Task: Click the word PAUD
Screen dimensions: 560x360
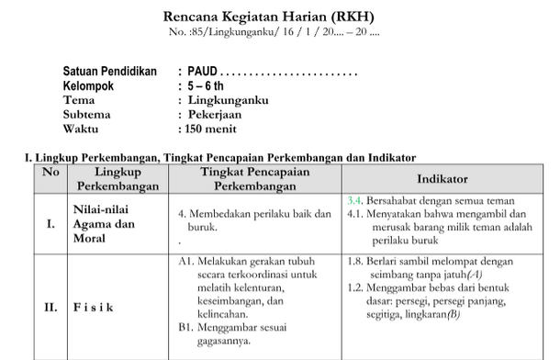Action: coord(201,72)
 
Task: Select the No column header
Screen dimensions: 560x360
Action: coord(50,172)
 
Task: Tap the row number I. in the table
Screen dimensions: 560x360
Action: coord(50,222)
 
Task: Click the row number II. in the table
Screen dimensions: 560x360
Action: coord(50,307)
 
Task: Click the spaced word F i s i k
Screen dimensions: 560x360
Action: coord(94,307)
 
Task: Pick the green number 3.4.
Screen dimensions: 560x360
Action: coord(355,199)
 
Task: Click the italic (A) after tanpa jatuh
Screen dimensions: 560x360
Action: coord(474,274)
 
